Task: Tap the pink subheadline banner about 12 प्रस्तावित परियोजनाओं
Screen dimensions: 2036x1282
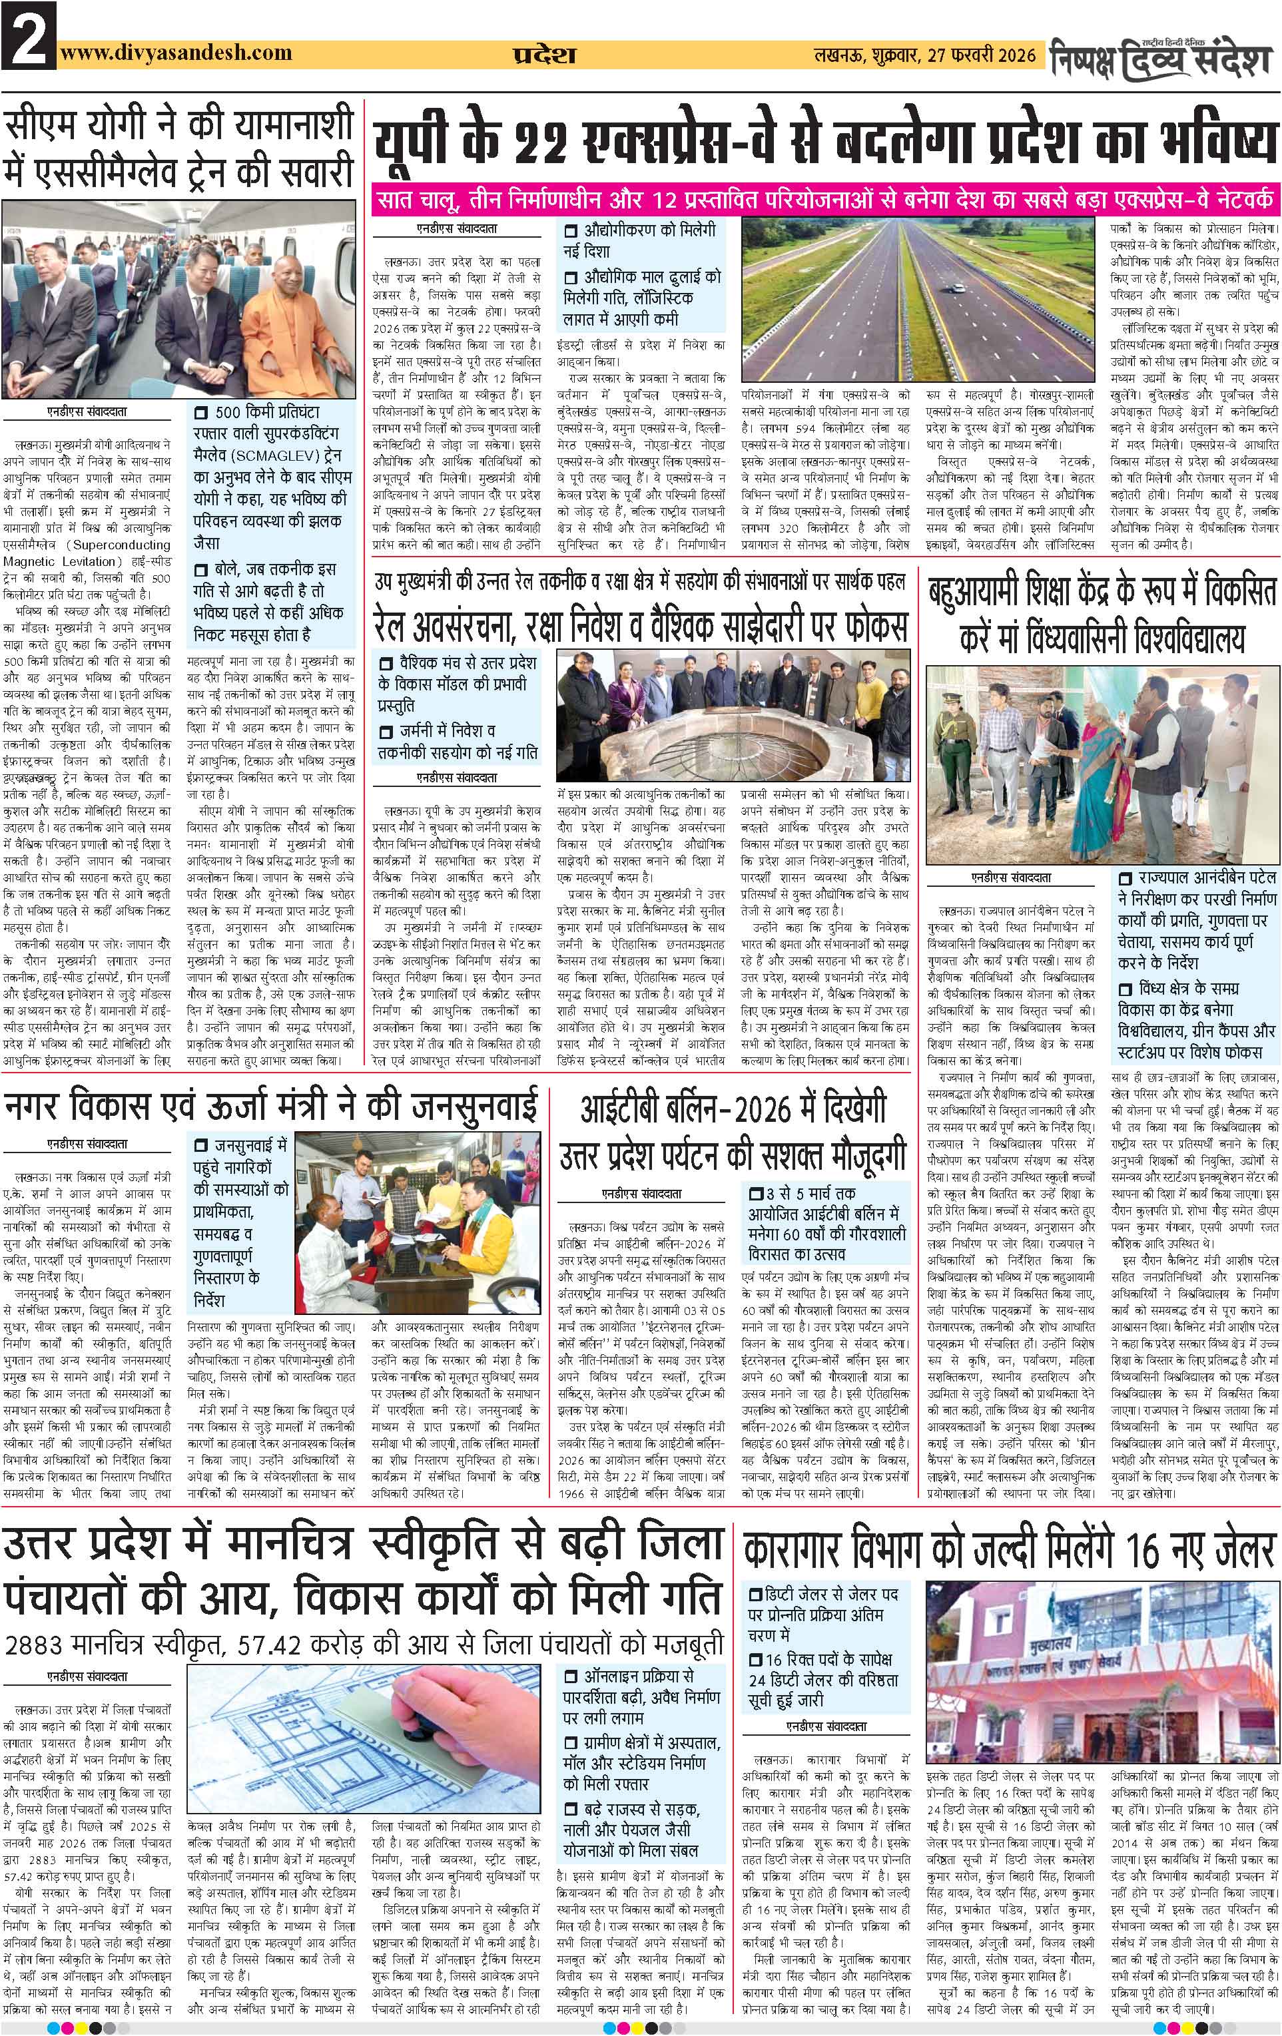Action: coord(828,203)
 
